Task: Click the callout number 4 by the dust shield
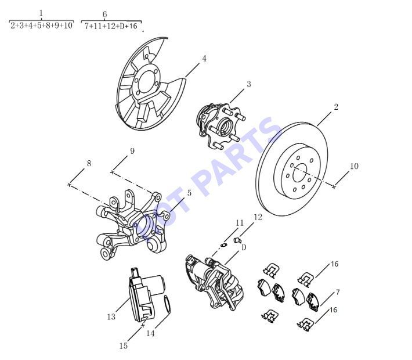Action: tap(204, 59)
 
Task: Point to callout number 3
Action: tap(248, 84)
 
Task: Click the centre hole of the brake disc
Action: tap(300, 172)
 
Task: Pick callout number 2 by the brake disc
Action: tap(336, 107)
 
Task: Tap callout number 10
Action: tap(354, 166)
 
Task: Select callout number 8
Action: tap(89, 164)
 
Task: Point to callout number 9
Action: tap(132, 151)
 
